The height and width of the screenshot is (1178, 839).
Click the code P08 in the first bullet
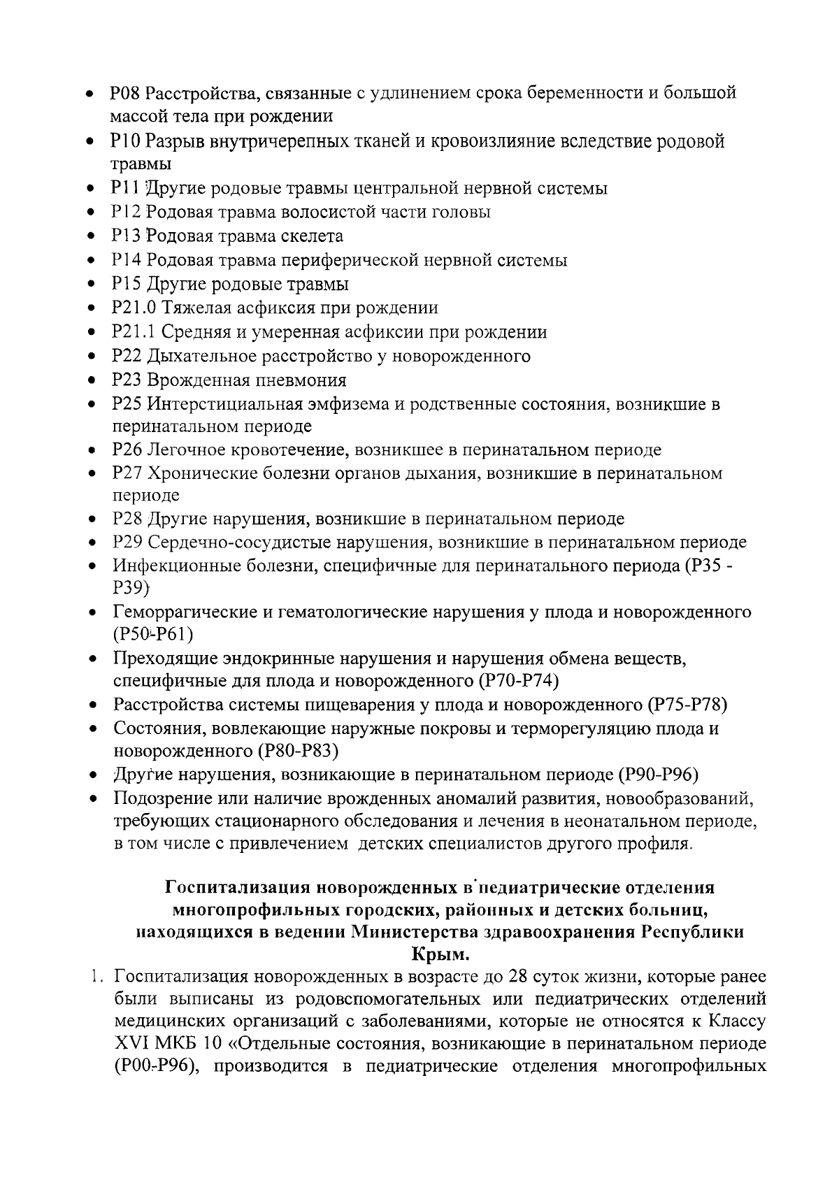(x=126, y=92)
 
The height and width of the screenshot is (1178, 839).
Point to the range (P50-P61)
(x=152, y=634)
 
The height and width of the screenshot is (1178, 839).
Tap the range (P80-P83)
(x=299, y=751)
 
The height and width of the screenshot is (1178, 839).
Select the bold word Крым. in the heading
(x=440, y=954)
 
